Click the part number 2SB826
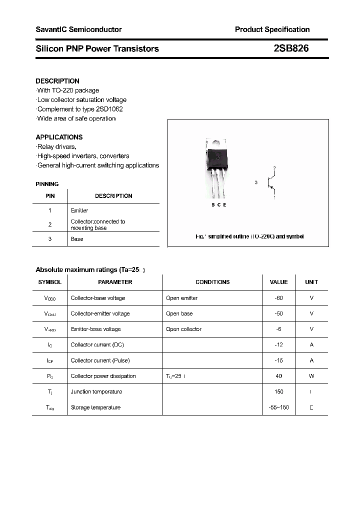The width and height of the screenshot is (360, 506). click(291, 48)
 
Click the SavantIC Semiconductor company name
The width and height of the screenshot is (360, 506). click(78, 29)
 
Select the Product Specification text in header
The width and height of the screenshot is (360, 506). click(272, 29)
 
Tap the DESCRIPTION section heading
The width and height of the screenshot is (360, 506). click(57, 81)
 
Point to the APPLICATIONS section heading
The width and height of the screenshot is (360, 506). click(59, 137)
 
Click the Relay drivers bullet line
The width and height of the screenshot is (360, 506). click(56, 146)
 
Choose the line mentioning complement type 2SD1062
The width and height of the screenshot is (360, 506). click(80, 109)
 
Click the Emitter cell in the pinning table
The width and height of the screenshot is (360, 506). click(79, 210)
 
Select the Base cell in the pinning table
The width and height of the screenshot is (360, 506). click(77, 239)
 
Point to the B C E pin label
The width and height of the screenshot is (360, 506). click(218, 205)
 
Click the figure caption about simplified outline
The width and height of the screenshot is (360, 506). click(249, 236)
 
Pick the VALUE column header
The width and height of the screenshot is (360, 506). click(278, 282)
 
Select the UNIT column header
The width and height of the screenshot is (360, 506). click(311, 282)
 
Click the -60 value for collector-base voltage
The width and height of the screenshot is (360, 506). click(278, 298)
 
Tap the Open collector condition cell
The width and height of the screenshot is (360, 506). click(183, 329)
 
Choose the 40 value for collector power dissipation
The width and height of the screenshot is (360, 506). click(278, 376)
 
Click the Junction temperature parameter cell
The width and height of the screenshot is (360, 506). click(96, 391)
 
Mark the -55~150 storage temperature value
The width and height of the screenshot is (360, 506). click(278, 407)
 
